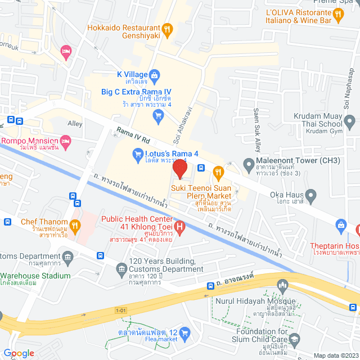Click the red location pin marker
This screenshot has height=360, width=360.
[179, 169]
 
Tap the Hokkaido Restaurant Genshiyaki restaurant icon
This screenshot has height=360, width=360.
[166, 29]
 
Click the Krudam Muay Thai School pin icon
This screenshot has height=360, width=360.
[349, 121]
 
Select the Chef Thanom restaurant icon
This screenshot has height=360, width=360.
[75, 226]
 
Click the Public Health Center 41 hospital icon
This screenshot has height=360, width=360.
[179, 228]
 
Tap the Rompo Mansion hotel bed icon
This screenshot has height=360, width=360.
[65, 140]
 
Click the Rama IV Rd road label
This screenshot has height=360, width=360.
[134, 137]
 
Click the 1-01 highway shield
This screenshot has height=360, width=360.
[120, 310]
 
